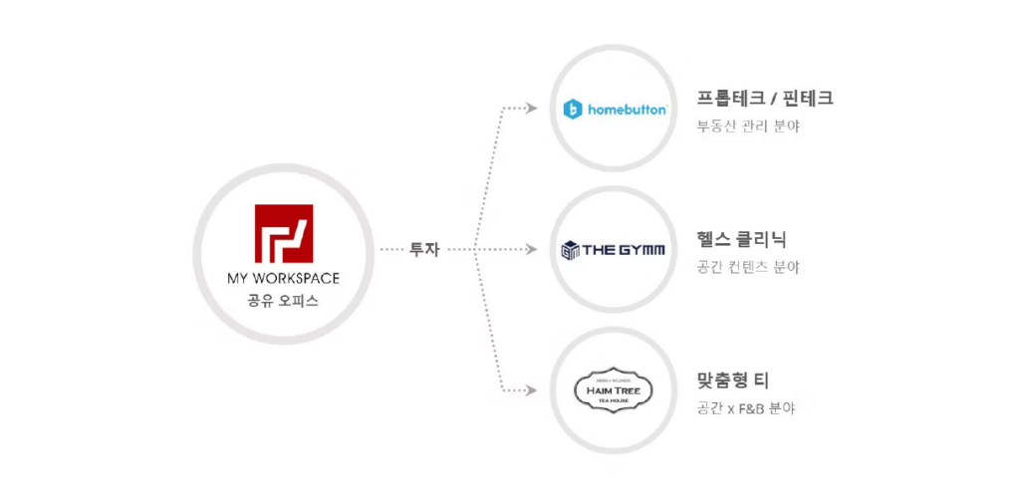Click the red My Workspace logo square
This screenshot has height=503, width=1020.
coord(283,234)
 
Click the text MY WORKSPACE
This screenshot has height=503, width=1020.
coord(283,278)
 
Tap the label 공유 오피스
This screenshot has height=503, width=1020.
coord(283,300)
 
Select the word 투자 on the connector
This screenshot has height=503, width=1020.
coord(424,249)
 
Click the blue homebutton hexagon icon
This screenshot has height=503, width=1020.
coord(573,110)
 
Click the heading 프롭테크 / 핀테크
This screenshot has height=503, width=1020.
coord(765,98)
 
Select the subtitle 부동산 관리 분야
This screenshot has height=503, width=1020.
coord(748,126)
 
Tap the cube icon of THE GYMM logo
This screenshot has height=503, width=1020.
coord(571,249)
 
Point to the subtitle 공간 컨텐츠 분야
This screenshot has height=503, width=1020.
coord(748,267)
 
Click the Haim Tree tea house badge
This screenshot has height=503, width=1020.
coord(614,389)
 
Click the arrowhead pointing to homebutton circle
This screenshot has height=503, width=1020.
coord(533,108)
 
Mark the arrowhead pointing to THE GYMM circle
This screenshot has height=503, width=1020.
coord(533,249)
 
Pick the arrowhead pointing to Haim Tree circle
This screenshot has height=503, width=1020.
coord(533,390)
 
